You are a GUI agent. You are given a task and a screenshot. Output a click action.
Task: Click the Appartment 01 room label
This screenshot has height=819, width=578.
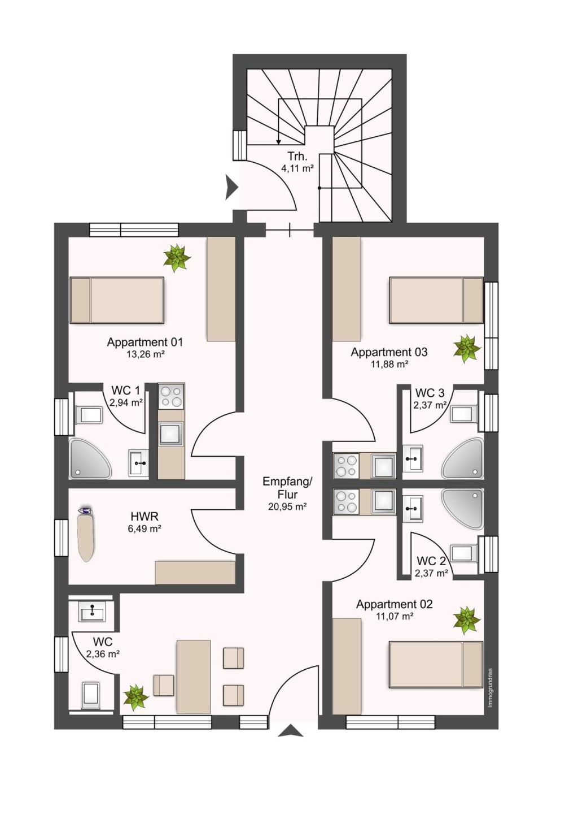144,342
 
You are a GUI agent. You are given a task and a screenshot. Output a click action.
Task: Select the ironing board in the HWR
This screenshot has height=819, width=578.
86,534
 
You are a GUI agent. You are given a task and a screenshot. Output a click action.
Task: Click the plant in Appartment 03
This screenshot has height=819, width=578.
466,349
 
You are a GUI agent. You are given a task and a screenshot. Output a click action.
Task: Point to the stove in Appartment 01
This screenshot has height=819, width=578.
171,396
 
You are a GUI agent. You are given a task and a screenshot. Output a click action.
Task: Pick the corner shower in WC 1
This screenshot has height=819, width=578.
90,459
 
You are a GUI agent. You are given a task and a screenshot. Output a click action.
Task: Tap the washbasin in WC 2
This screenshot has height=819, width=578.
413,508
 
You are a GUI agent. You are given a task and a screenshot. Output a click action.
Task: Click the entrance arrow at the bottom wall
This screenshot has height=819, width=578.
291,730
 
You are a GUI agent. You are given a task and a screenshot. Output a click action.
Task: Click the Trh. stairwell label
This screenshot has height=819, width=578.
297,157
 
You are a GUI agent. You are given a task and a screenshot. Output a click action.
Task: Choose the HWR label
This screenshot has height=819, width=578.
144,517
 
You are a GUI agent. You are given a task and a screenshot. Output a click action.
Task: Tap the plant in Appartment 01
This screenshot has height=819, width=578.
177,258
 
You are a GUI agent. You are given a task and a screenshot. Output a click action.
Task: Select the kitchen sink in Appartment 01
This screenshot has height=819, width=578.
171,434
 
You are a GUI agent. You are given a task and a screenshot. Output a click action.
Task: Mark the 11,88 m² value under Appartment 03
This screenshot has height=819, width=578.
389,364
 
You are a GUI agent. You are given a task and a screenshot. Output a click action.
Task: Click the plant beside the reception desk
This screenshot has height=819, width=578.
136,698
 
